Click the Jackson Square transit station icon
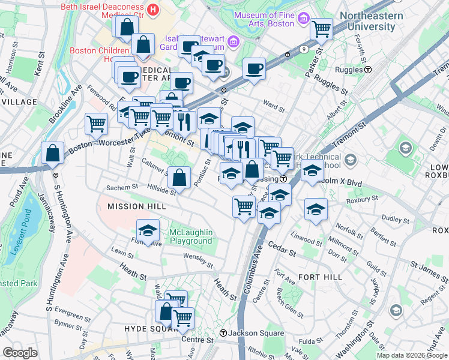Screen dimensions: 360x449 223,334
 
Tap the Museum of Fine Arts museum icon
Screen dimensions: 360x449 304,19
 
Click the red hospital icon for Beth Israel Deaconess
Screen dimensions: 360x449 153,10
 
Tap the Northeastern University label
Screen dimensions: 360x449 376,21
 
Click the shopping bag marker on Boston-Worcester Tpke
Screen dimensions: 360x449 53,152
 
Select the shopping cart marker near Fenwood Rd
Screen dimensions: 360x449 96,124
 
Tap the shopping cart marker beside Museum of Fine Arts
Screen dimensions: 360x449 321,28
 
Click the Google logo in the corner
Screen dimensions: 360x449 20,353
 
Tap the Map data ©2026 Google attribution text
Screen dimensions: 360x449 412,355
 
